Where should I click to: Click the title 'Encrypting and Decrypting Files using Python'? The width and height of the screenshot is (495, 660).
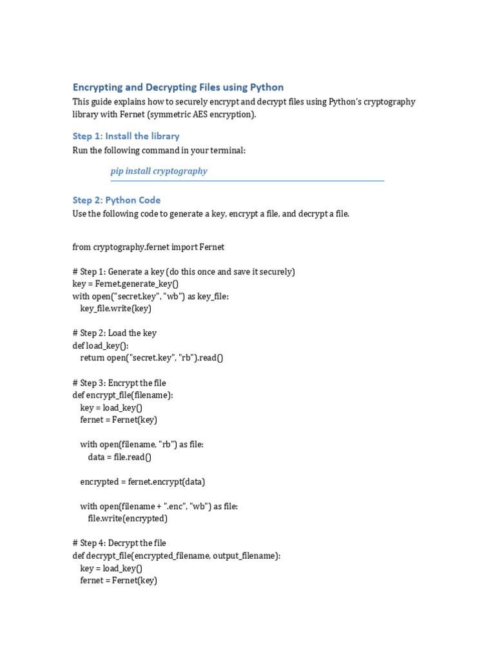coord(178,87)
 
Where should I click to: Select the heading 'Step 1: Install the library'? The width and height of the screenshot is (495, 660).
coord(126,136)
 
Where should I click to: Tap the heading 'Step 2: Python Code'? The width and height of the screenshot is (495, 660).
coord(117,200)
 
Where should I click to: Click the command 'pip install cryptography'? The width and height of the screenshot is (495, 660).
coord(159,171)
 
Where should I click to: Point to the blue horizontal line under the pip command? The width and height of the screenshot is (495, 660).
coord(247,181)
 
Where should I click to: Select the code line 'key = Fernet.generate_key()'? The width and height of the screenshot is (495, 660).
coord(126,284)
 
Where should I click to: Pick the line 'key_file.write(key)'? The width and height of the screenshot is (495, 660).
coord(116,308)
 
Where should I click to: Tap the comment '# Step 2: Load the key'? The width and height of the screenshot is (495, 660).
coord(114,333)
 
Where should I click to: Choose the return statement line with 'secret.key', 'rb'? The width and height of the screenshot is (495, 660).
coord(151,358)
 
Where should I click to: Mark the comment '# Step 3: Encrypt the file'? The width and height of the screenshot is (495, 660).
coord(119,383)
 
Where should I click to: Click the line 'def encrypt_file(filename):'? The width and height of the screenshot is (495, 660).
coord(122,395)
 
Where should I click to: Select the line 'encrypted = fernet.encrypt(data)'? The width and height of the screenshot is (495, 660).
coord(142,481)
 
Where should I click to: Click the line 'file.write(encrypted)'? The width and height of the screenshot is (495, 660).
coord(128,518)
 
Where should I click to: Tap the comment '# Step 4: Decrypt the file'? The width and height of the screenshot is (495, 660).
coord(119,543)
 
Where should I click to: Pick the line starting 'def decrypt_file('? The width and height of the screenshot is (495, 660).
coord(176,556)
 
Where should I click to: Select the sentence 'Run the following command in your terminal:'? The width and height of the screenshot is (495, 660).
coord(159,150)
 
